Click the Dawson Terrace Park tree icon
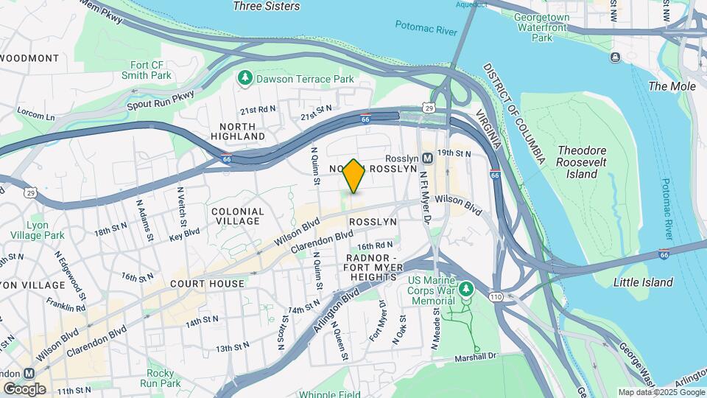(245, 77)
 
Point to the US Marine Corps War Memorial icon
(465, 290)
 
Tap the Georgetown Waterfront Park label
(542, 27)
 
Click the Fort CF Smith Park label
(151, 70)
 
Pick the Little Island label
(643, 282)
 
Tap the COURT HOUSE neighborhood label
(207, 284)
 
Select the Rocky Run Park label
(163, 378)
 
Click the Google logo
(24, 388)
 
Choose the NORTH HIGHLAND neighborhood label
(237, 131)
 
